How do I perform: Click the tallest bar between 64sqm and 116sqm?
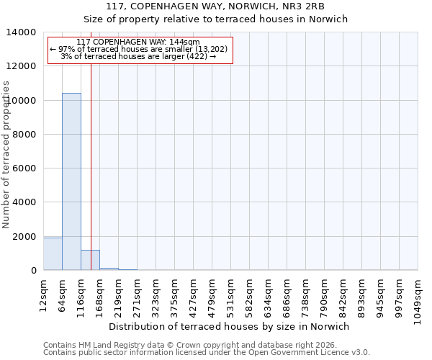click(x=71, y=181)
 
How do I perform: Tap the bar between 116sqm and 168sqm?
click(x=90, y=260)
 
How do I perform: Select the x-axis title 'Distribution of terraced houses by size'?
click(x=230, y=326)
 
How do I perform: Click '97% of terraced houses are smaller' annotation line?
click(x=139, y=49)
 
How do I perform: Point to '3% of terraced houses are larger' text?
click(x=139, y=56)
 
